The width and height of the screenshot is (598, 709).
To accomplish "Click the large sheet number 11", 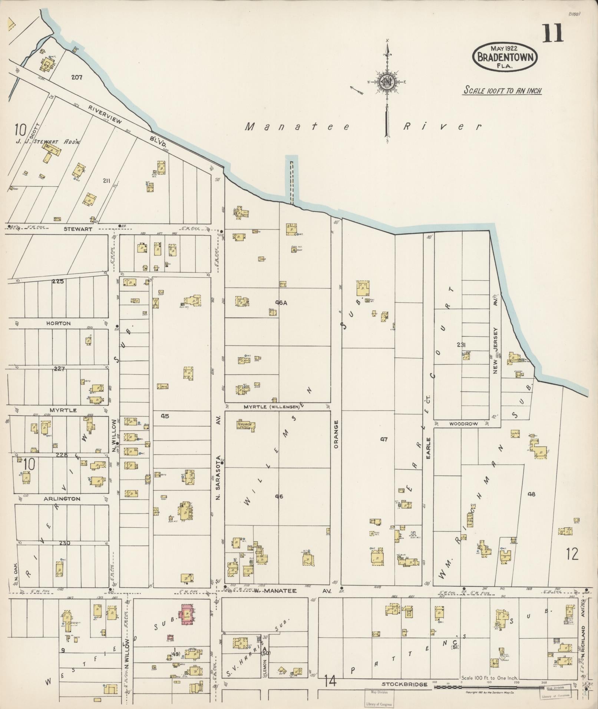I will (553, 33).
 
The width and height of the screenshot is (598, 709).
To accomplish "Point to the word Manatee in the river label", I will (298, 127).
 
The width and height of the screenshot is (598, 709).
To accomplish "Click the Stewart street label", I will (78, 229).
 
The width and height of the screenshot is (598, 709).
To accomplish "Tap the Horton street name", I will (58, 323).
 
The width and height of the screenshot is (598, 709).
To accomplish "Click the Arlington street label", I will (62, 499).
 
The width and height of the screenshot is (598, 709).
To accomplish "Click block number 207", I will (77, 77).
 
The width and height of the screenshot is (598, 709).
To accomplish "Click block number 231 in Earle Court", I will (461, 345).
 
